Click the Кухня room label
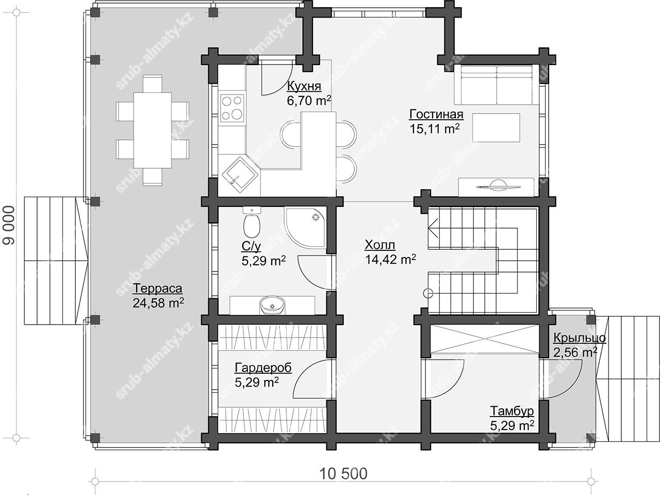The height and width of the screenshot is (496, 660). tap(304, 86)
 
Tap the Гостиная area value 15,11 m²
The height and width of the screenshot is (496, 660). tap(435, 129)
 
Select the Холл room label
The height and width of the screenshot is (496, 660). tap(380, 245)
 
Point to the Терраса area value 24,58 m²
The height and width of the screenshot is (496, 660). tap(158, 303)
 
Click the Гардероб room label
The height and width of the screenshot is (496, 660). tap(263, 368)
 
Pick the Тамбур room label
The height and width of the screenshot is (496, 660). tap(512, 411)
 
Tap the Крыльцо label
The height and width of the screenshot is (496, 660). tap(580, 338)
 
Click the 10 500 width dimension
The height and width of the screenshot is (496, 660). tap(343, 474)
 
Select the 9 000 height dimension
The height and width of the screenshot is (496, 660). tap(9, 226)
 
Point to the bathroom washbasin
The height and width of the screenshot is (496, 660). tap(272, 306)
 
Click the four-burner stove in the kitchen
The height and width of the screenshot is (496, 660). tap(232, 108)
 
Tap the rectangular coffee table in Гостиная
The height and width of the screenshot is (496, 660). tap(496, 127)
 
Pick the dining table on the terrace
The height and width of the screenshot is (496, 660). tap(153, 130)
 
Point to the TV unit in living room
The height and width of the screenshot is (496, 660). tap(496, 187)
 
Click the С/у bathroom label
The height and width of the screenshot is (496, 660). tap(251, 247)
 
